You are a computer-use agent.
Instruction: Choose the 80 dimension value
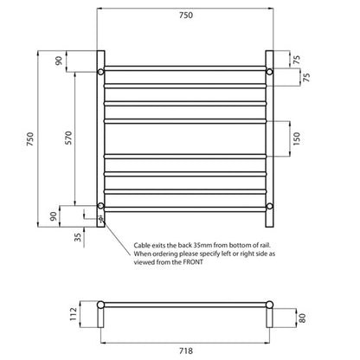click(x=300, y=316)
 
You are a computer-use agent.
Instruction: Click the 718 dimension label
click(x=185, y=351)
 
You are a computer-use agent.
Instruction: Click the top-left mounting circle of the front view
click(x=101, y=72)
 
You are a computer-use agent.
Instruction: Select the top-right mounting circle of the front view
click(x=270, y=72)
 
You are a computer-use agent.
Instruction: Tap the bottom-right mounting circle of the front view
click(x=270, y=205)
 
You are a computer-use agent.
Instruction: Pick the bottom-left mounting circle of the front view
click(x=101, y=205)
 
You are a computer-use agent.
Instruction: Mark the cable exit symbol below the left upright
click(x=100, y=220)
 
